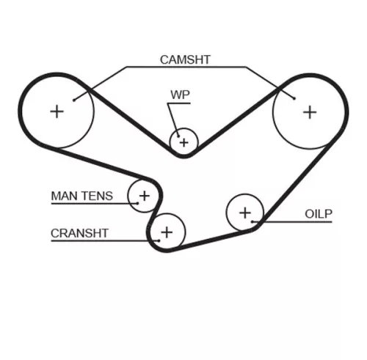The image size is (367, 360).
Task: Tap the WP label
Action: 181,95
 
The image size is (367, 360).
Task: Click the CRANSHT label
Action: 79,233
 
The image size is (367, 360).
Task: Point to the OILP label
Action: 319,213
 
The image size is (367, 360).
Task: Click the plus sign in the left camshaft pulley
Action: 56,111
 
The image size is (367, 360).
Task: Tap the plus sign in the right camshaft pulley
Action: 310,111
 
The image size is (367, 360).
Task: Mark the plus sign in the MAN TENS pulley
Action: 145,196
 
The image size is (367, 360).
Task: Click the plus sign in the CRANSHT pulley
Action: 167,232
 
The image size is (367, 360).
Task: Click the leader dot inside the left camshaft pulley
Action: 74,98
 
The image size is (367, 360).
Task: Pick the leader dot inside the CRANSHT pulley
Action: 157,240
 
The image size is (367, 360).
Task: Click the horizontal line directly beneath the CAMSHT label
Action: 185,67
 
